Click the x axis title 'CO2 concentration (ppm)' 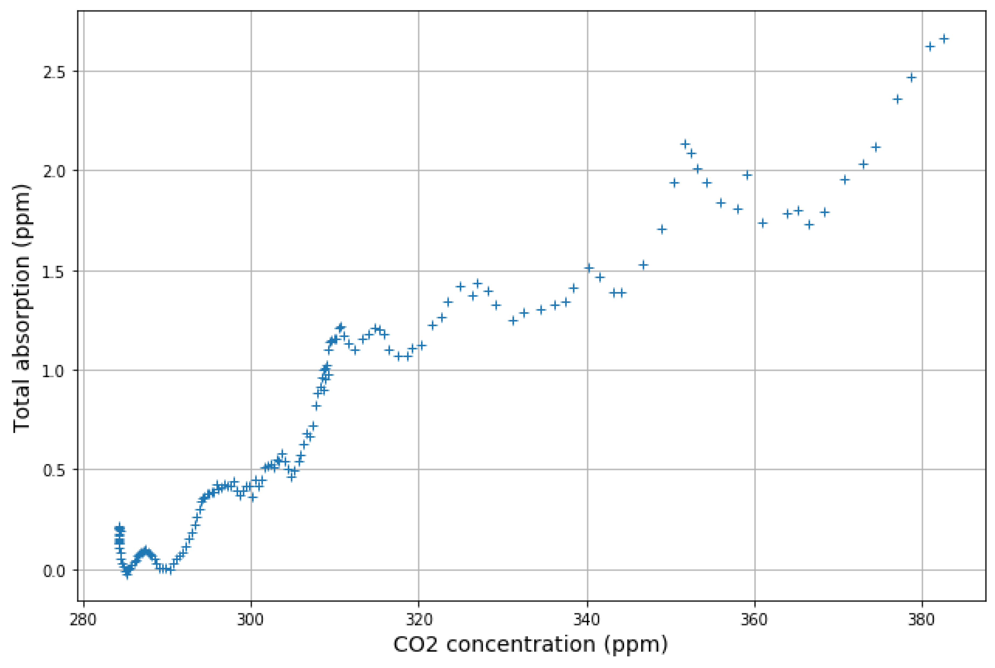[x=530, y=644]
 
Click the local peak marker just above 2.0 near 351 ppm [x=685, y=144]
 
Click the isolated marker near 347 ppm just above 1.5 [x=643, y=265]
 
